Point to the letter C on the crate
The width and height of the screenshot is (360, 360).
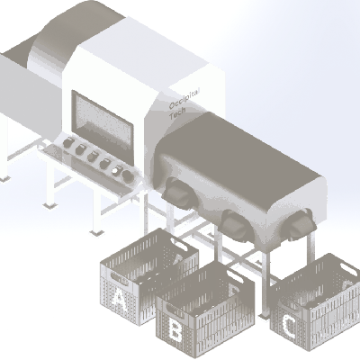pos(290,327)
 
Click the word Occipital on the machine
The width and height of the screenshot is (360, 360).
pos(184,98)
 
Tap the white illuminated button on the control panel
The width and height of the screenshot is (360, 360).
pos(116,171)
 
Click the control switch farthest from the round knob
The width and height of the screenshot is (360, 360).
pos(68,142)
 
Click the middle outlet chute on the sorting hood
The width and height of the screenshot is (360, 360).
pos(237,225)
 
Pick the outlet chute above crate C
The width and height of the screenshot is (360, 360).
pos(299,224)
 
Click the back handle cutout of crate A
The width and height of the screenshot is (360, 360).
pos(183,244)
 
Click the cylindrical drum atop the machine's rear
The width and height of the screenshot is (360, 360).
pos(75,33)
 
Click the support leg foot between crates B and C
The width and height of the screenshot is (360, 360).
pos(264,315)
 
